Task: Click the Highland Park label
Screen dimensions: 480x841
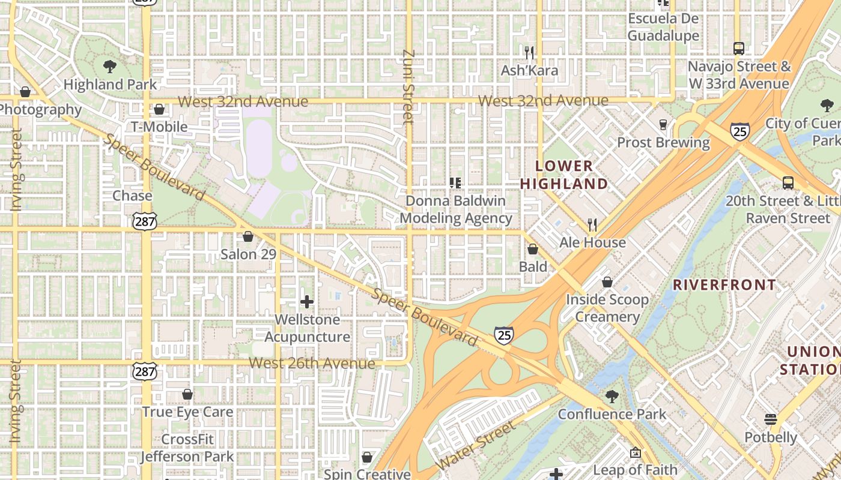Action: click(110, 85)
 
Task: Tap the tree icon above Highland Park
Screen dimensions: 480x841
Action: click(109, 66)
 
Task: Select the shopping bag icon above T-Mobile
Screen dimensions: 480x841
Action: click(159, 109)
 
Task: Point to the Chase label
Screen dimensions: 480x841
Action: click(132, 196)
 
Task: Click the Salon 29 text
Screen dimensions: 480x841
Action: click(248, 254)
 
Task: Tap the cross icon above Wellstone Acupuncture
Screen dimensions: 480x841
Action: click(307, 301)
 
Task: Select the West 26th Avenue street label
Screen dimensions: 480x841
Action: click(312, 363)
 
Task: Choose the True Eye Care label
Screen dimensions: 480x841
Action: click(187, 412)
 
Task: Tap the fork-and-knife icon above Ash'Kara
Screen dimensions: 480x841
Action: click(529, 53)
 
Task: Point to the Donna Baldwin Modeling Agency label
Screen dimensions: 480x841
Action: click(456, 209)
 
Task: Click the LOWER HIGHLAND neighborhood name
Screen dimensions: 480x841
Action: click(563, 175)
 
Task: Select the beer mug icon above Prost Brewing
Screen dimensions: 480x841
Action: click(663, 124)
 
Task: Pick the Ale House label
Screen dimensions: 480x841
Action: click(592, 242)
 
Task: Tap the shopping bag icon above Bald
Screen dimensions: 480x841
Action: click(533, 249)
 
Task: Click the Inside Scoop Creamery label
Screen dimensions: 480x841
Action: click(607, 308)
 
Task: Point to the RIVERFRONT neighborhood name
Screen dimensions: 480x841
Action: click(724, 284)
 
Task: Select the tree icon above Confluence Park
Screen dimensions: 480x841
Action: click(612, 396)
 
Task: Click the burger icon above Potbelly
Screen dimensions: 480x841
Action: click(771, 419)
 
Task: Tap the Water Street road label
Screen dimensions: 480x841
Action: click(475, 445)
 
